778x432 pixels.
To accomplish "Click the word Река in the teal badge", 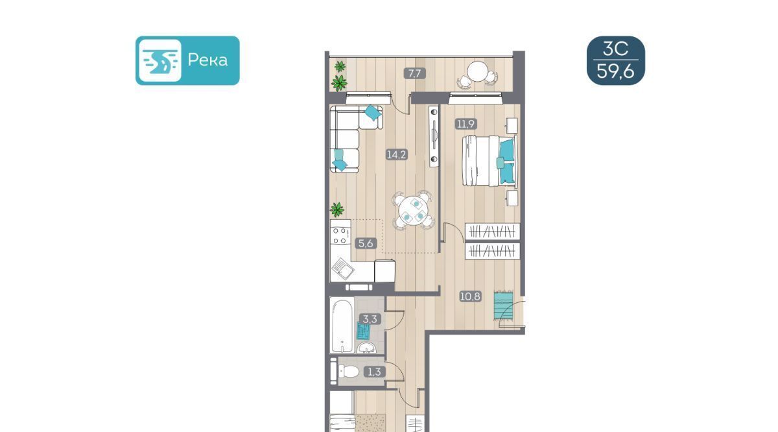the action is [x=207, y=60].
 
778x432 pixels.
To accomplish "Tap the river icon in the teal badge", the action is [x=160, y=60].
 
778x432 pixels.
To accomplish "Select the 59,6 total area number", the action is [x=615, y=71].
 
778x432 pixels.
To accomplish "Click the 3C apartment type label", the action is [x=615, y=49].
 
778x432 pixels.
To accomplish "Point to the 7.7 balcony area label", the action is [x=415, y=73].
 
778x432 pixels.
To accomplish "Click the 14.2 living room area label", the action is [x=397, y=154].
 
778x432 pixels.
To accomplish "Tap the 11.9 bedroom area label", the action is [x=466, y=124].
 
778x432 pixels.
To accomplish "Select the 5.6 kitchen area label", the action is [x=366, y=243].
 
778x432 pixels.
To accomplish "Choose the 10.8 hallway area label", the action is [x=470, y=296].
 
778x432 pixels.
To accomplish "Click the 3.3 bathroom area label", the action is [x=370, y=318].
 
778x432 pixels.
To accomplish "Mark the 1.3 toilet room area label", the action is [x=375, y=372].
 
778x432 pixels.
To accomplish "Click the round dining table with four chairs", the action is [x=414, y=210].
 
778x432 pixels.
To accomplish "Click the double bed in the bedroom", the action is [x=489, y=161].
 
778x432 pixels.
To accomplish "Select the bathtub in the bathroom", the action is [x=342, y=324].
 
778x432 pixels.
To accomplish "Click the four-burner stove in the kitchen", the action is [x=340, y=235].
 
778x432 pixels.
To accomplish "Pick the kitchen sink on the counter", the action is [x=343, y=269].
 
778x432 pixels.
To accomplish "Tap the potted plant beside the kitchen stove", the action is [x=337, y=210].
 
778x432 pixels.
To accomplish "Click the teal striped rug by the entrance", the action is [x=504, y=306].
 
